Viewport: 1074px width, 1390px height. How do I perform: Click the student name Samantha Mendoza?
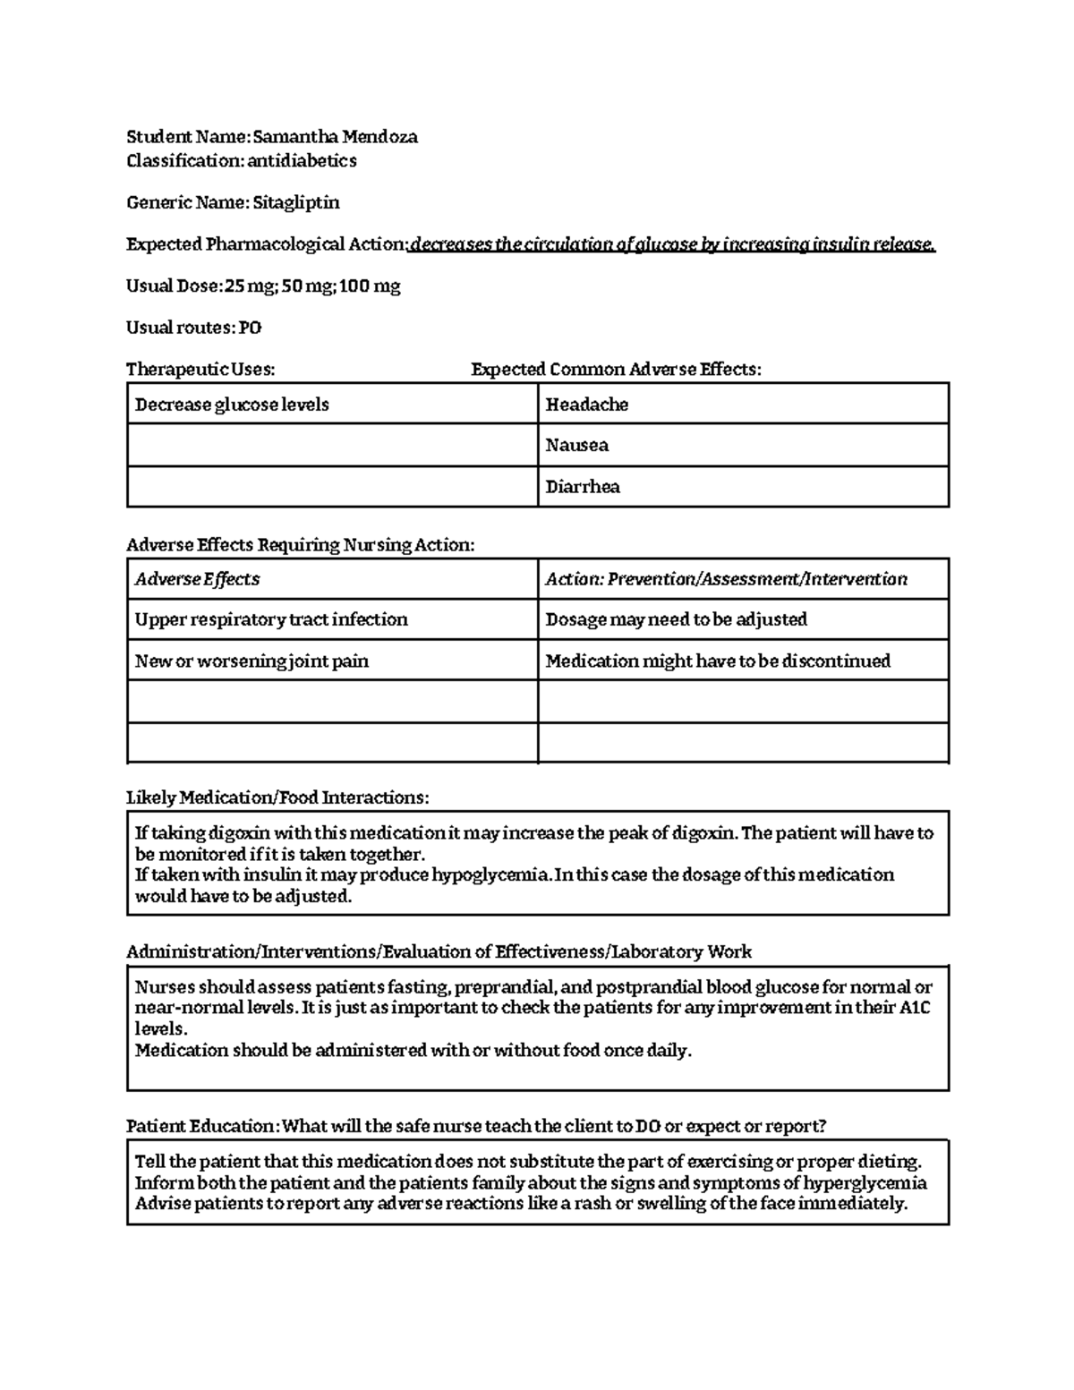click(335, 137)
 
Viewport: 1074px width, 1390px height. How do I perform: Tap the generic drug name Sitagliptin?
click(295, 202)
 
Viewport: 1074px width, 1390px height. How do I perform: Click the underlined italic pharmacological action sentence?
click(672, 244)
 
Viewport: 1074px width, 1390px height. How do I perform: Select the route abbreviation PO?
click(250, 328)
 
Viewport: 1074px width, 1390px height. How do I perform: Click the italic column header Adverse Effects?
click(197, 579)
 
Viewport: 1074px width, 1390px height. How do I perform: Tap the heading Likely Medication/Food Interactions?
click(277, 797)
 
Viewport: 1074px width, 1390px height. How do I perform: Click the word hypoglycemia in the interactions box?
click(491, 874)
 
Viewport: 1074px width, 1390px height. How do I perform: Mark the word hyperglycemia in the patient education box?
click(865, 1183)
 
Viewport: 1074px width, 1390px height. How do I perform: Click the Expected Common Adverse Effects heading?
click(616, 370)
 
